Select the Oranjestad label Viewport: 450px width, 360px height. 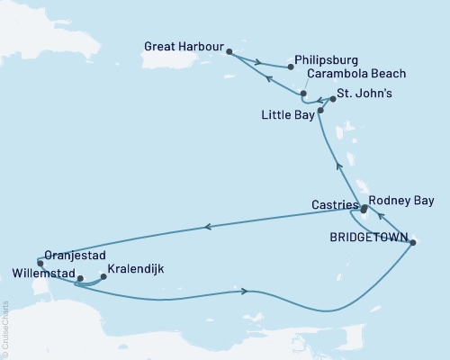click(x=65, y=254)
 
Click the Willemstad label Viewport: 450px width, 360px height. click(x=42, y=270)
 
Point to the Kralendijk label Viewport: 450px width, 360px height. click(x=135, y=268)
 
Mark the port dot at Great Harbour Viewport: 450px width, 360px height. click(x=229, y=51)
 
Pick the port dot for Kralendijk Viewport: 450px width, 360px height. click(x=103, y=276)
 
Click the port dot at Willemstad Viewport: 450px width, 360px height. click(x=79, y=279)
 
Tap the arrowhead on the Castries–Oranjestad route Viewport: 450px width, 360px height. click(x=209, y=228)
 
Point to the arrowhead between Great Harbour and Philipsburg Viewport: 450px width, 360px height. click(x=258, y=62)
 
